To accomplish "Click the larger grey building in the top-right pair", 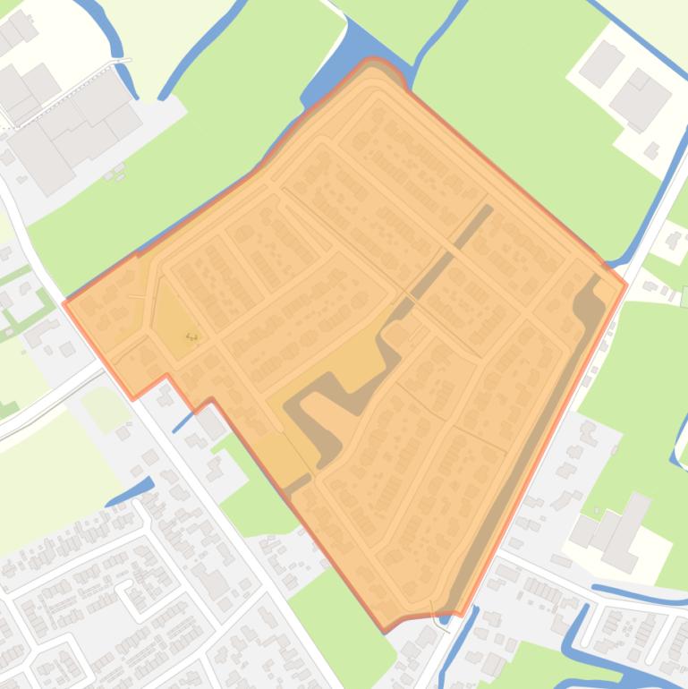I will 640,98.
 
